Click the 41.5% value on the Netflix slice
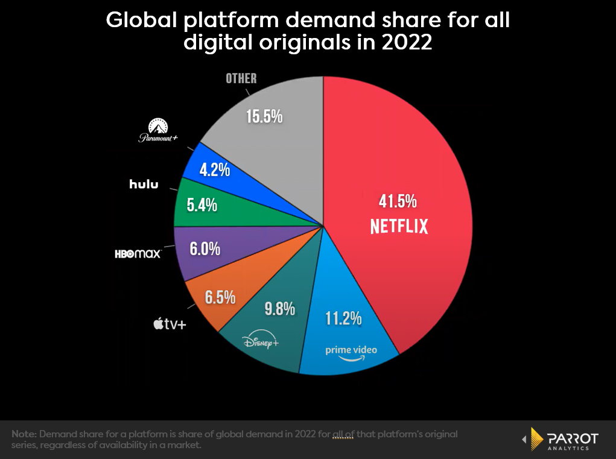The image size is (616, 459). coord(398,201)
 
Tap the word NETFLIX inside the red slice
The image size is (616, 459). coord(399,226)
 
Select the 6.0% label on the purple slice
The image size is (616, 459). coord(205,248)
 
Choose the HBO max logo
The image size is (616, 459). coord(138,254)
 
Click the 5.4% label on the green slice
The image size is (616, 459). coord(202,206)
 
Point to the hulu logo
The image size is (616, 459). coord(144,184)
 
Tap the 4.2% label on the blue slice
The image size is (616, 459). coord(214,170)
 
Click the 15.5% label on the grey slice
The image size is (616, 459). coord(264,116)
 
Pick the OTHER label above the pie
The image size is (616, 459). coord(241,78)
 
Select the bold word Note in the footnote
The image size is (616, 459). coord(23,434)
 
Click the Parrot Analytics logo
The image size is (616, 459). coord(560,439)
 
